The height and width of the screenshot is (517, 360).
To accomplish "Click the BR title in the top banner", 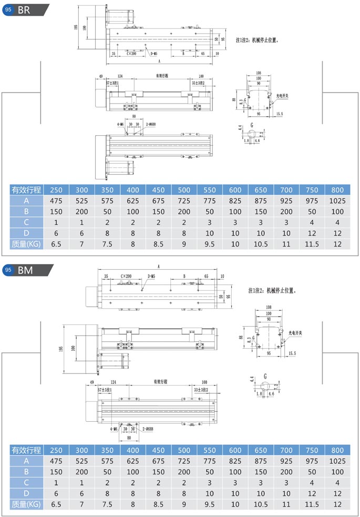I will coord(24,9).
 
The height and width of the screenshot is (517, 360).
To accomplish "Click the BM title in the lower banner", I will coord(25,270).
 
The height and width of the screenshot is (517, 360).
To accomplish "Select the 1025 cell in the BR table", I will coord(337,200).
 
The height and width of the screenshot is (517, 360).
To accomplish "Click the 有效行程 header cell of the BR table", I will coord(26,190).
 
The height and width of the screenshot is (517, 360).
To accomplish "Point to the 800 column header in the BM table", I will coord(337,450).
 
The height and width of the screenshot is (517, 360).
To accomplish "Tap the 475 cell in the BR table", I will coord(56,200).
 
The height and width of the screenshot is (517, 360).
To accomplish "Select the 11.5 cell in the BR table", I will coord(312,244).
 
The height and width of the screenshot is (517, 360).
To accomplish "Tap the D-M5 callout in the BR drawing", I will coord(154,54).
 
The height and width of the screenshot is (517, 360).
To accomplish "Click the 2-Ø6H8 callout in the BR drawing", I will coord(149,124).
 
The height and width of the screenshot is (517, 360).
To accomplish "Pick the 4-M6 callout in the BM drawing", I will coord(114,429).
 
